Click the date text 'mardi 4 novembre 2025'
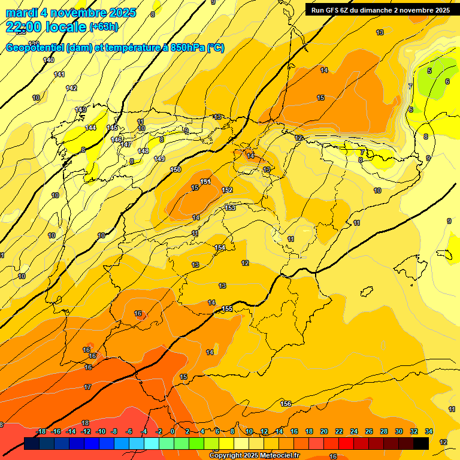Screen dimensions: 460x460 pos(71,13)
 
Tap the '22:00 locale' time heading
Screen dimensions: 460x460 pos(46,26)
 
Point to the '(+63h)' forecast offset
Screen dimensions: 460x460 pos(104,26)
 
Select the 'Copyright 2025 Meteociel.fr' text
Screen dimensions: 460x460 pos(254,456)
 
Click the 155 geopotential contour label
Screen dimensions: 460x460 pos(227,308)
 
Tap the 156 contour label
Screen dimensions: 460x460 pos(286,404)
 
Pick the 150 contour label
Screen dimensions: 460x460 pos(175,170)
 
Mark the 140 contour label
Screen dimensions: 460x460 pos(49,60)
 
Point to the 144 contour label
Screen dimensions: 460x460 pos(90,128)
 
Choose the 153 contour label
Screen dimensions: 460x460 pos(230,208)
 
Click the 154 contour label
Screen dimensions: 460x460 pos(220,247)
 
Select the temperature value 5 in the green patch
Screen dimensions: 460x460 pos(429,71)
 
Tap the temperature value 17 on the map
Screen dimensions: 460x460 pos(87,387)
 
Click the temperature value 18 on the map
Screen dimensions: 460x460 pos(85,423)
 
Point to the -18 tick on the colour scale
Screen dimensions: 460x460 pos(41,431)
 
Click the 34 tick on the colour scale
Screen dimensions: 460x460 pos(429,431)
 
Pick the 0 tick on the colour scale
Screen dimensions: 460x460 pos(172,431)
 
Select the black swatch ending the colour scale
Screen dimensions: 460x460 pos(420,443)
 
